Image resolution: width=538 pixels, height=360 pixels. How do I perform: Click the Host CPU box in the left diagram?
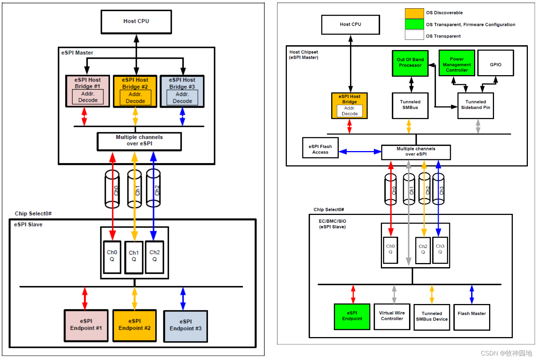[x=136, y=22]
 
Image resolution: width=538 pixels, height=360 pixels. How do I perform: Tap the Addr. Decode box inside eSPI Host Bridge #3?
[x=182, y=98]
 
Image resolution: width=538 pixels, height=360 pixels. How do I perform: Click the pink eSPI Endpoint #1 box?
[x=86, y=325]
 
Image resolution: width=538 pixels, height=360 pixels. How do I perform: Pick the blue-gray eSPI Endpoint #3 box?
[x=185, y=326]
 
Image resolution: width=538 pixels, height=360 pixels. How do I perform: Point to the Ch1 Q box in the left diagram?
[x=134, y=257]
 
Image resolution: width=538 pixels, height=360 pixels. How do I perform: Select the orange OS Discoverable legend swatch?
[x=414, y=13]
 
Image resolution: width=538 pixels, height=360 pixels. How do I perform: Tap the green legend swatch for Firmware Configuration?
[x=414, y=24]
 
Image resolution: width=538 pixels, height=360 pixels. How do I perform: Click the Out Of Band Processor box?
[x=410, y=63]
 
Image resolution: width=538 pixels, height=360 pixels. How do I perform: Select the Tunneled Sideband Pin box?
[x=476, y=106]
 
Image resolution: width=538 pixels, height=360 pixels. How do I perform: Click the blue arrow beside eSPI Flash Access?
[x=360, y=151]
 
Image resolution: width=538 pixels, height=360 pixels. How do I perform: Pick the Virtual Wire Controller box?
[x=392, y=316]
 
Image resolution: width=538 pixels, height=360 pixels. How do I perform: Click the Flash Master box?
[x=472, y=317]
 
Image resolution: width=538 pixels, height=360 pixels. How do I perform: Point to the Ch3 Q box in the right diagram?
[x=440, y=250]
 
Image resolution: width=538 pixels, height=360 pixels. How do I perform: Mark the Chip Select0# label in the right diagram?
[x=329, y=210]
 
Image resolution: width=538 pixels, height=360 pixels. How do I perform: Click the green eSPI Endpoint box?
[x=352, y=316]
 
